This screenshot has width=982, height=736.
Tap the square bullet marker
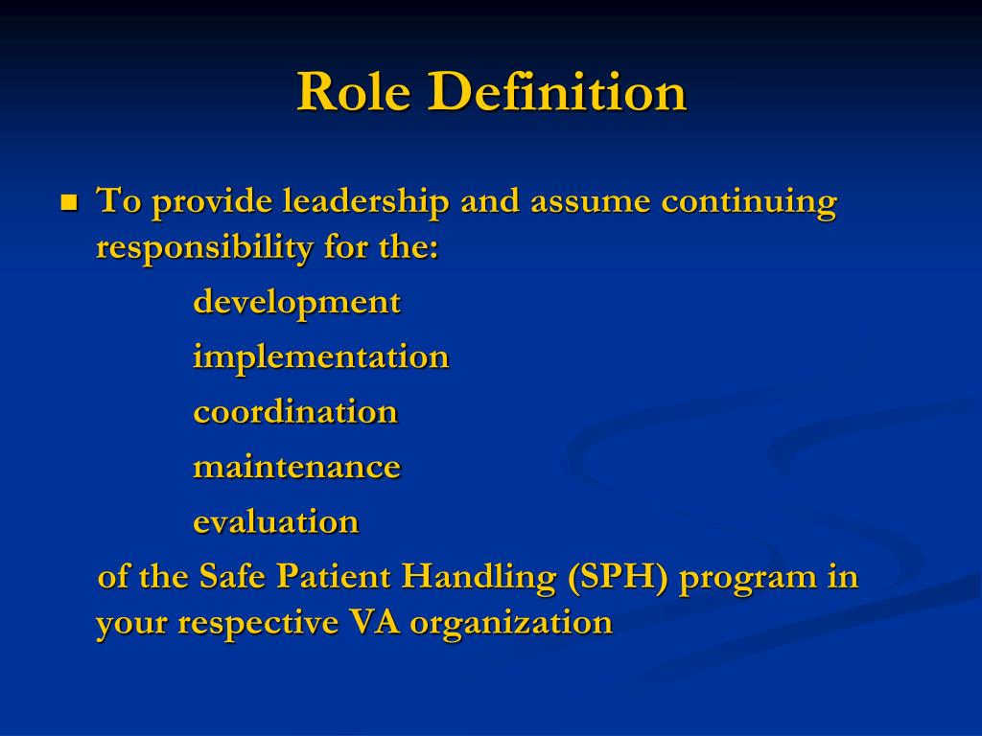pos(68,203)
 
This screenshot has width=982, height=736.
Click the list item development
pos(296,303)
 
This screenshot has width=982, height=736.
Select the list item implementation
pos(320,357)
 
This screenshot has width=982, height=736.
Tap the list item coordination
pos(295,412)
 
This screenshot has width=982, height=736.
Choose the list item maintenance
pos(296,467)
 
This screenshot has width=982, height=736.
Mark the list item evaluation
pos(276,522)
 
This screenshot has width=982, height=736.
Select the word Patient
pos(334,578)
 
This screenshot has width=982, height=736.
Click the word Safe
pos(232,578)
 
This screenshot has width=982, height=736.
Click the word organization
pos(511,624)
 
